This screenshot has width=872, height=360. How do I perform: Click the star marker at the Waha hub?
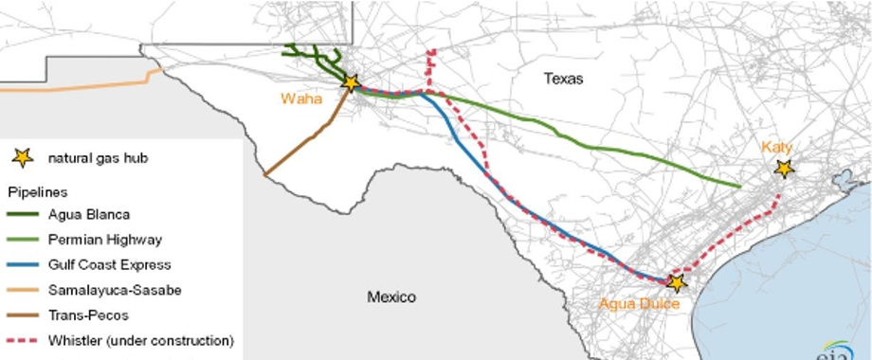(x=351, y=83)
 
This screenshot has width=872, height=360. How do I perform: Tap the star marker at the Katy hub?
(x=783, y=169)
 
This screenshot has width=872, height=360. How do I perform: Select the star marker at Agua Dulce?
(x=676, y=282)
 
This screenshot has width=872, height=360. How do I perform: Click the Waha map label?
(x=300, y=98)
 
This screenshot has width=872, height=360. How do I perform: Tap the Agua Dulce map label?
(x=641, y=303)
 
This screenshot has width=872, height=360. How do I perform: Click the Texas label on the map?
(x=564, y=79)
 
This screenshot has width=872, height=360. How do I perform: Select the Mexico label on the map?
(x=391, y=297)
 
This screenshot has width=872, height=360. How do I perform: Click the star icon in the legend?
(x=23, y=159)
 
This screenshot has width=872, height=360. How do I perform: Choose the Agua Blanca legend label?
(x=89, y=214)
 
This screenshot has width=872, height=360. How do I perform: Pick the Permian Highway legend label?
(x=100, y=239)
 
